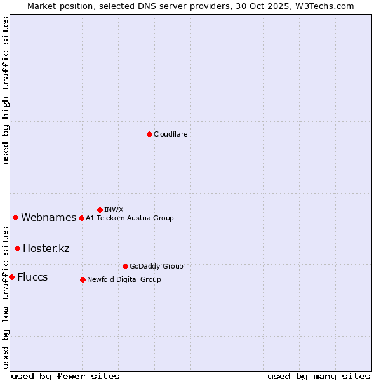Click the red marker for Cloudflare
click(149, 134)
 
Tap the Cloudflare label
click(171, 135)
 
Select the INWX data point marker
click(100, 210)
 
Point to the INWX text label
click(114, 210)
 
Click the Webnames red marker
click(15, 217)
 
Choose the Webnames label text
click(49, 218)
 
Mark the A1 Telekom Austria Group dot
click(81, 218)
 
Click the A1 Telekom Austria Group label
click(130, 218)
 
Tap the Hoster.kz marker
click(17, 248)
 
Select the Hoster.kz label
click(46, 248)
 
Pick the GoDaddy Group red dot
click(125, 266)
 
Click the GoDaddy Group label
click(156, 266)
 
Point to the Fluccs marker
click(11, 277)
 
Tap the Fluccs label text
click(32, 277)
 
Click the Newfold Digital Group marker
click(83, 279)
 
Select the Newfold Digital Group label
click(124, 279)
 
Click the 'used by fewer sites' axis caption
click(65, 376)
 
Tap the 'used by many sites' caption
click(319, 376)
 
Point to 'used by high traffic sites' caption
click(6, 90)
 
